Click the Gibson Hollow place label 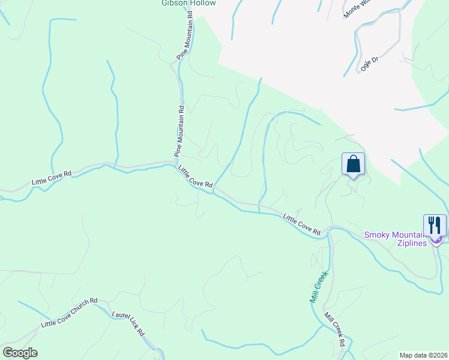[187, 3]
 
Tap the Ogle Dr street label [369, 63]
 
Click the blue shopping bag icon [353, 163]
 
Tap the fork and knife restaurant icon [435, 225]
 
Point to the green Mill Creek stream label [318, 287]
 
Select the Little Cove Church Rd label [69, 313]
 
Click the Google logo [20, 353]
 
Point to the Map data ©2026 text [424, 355]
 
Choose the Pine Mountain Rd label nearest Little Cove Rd [179, 131]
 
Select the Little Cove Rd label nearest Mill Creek [302, 224]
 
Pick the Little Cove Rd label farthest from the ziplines [52, 178]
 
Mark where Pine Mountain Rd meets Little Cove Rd [175, 163]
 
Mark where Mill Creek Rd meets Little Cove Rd [329, 230]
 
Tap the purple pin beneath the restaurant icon [436, 240]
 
